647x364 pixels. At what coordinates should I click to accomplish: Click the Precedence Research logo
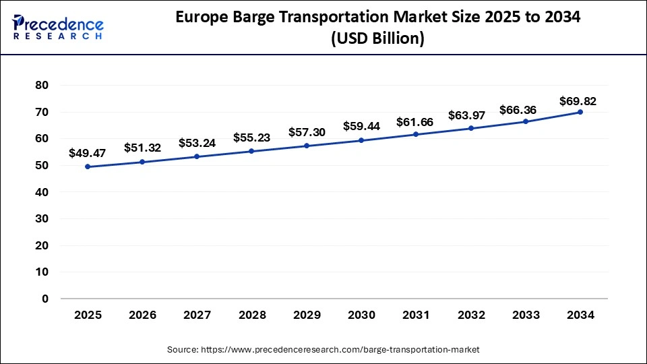click(x=58, y=26)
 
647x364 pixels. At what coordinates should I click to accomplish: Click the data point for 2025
click(x=88, y=166)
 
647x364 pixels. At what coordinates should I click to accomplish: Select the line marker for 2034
click(x=580, y=112)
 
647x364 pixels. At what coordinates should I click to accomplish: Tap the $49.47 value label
click(x=88, y=153)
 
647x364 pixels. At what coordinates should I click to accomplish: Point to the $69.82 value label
click(x=578, y=101)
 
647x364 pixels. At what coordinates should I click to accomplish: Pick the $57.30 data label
click(x=307, y=132)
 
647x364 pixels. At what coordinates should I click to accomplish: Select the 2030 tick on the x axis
click(x=361, y=314)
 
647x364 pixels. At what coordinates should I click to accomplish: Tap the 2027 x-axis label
click(x=197, y=314)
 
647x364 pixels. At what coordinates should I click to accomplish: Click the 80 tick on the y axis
click(x=42, y=86)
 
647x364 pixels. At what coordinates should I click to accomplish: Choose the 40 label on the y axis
click(x=42, y=192)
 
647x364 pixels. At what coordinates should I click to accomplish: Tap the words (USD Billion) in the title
click(x=377, y=39)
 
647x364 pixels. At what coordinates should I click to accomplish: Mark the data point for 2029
click(x=307, y=146)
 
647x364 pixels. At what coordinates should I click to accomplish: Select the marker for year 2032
click(x=470, y=128)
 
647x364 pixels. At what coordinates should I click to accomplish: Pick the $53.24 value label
click(x=197, y=143)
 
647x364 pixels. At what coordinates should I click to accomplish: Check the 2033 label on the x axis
click(x=525, y=314)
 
